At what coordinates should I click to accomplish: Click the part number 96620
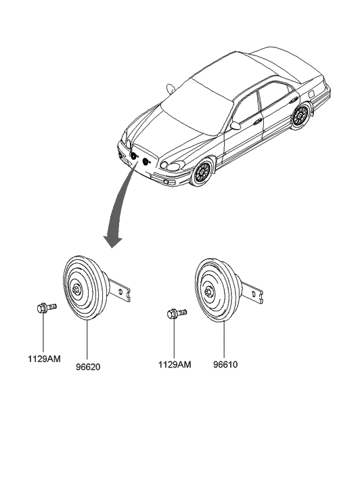(x=88, y=367)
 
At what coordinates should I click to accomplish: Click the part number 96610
(x=225, y=365)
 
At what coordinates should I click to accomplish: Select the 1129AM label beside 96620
(x=44, y=359)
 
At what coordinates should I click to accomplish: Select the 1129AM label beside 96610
(x=175, y=365)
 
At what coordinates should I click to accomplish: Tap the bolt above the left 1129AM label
(x=46, y=307)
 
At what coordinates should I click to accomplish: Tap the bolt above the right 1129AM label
(x=177, y=313)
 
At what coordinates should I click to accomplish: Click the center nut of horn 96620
(x=76, y=289)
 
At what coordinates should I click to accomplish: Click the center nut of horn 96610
(x=208, y=292)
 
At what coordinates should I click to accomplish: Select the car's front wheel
(x=202, y=172)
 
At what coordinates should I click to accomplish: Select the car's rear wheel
(x=300, y=116)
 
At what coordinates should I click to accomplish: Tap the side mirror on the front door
(x=235, y=125)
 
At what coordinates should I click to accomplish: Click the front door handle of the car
(x=258, y=122)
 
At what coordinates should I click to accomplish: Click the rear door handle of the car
(x=294, y=99)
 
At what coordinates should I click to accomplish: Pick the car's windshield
(x=196, y=107)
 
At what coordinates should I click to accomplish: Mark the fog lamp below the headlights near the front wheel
(x=166, y=181)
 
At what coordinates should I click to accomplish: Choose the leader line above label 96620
(x=87, y=341)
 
